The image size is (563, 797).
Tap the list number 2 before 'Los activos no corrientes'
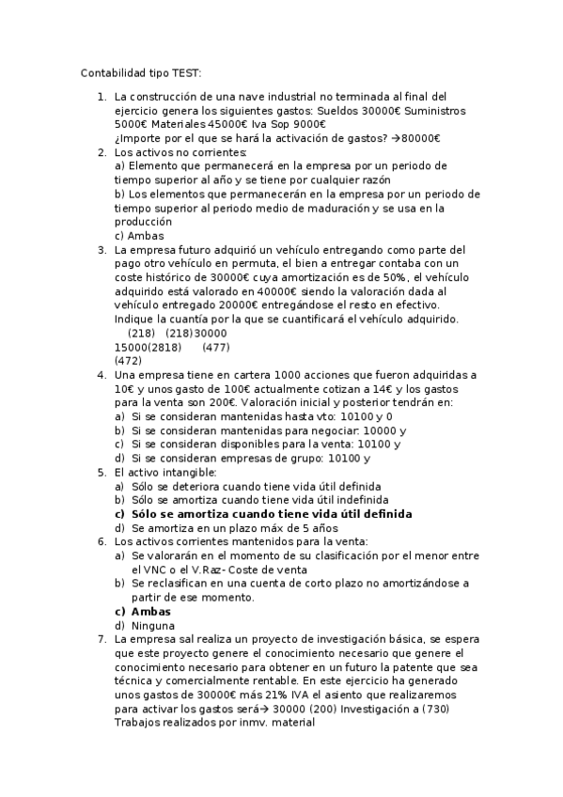pos(102,152)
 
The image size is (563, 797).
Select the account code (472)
pos(128,361)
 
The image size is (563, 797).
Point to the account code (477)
pos(216,347)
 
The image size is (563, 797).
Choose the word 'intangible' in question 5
pos(187,472)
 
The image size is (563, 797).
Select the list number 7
pos(102,639)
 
